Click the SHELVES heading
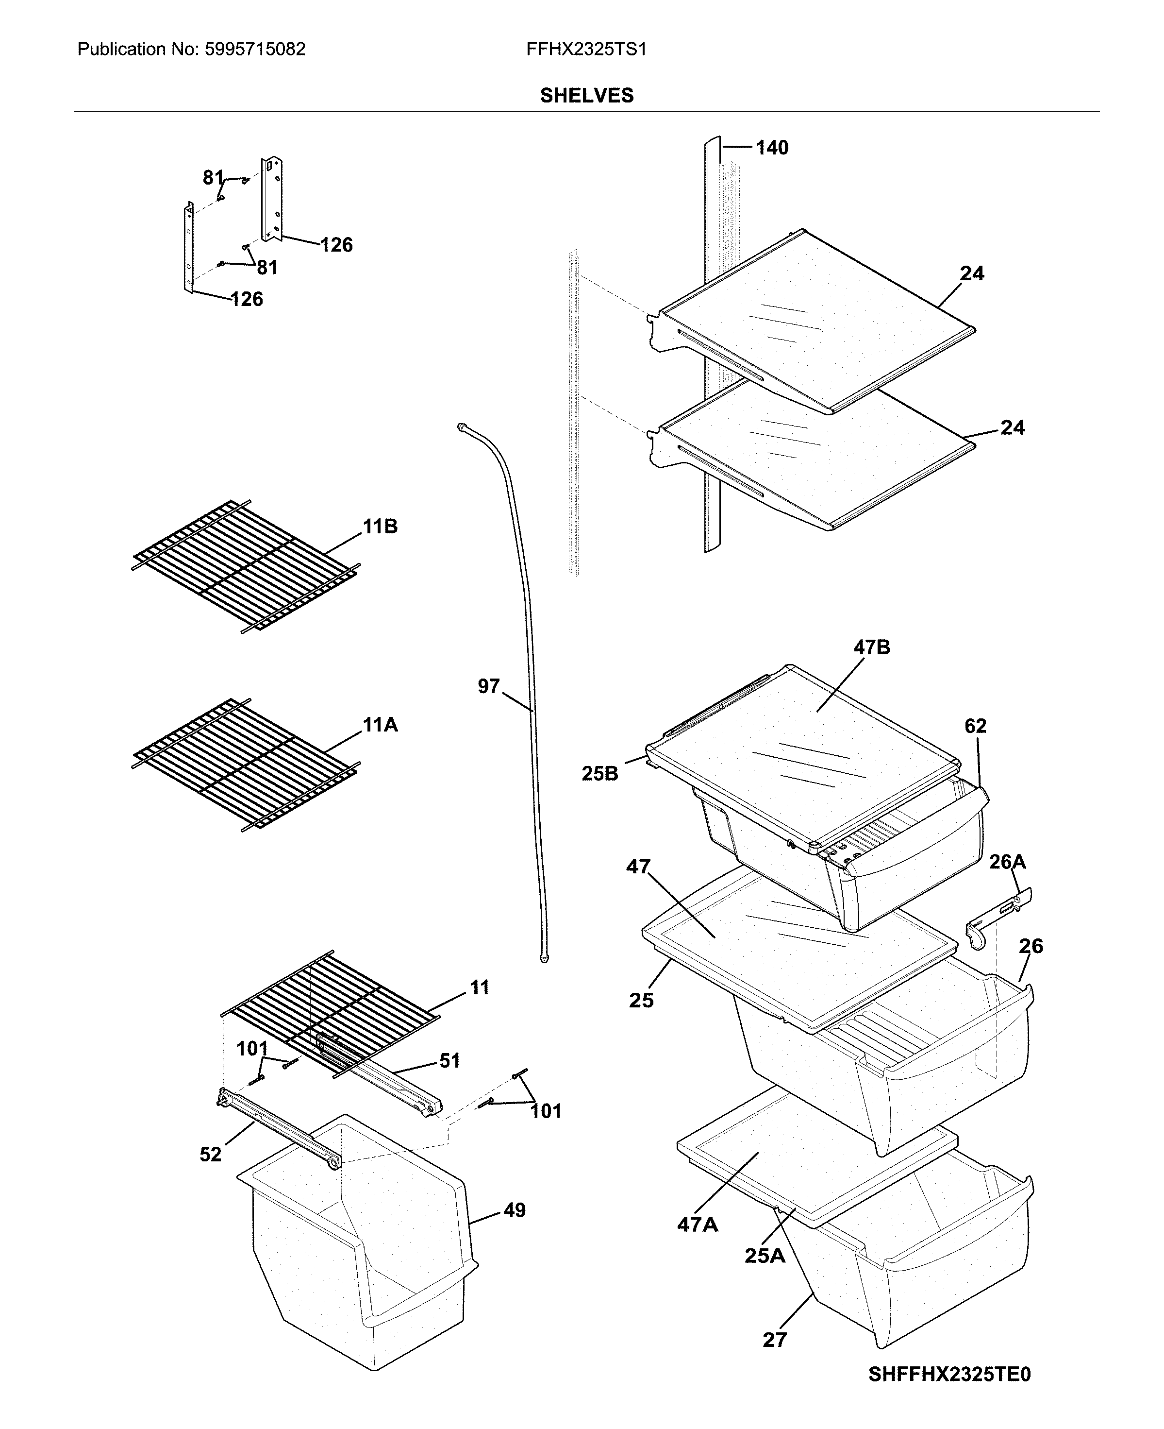tap(587, 96)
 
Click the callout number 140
tap(772, 148)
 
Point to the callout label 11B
tap(380, 527)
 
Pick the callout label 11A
tap(380, 725)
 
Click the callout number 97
tap(488, 686)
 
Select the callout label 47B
tap(872, 647)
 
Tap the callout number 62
tap(976, 726)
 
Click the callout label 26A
tap(1007, 861)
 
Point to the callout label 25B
tap(599, 774)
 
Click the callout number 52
tap(211, 1154)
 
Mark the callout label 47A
tap(698, 1225)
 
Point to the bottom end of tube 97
tap(545, 960)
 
